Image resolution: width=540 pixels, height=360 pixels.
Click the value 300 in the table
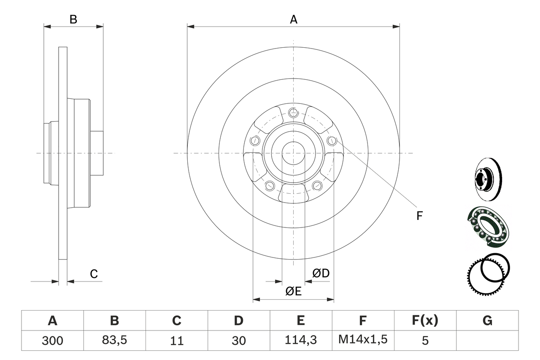point(52,340)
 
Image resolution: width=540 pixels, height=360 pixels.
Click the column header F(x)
point(425,321)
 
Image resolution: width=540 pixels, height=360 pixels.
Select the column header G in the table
point(487,321)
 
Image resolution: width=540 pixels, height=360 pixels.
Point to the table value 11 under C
point(176,340)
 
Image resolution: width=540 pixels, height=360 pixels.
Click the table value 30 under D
point(238,340)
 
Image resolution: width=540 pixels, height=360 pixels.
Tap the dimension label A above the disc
point(294,19)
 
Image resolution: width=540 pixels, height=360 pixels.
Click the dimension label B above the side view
point(73,19)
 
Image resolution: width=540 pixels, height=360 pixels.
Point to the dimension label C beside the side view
point(94,274)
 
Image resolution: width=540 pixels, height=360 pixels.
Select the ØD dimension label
point(321,273)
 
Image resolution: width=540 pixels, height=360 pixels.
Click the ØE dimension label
point(294,291)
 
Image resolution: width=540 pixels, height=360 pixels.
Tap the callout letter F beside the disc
point(419,216)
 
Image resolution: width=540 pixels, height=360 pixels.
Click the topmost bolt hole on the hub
point(293,112)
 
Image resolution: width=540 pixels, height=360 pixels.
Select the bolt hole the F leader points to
point(332,141)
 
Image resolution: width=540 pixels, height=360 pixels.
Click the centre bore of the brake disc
point(293,153)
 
